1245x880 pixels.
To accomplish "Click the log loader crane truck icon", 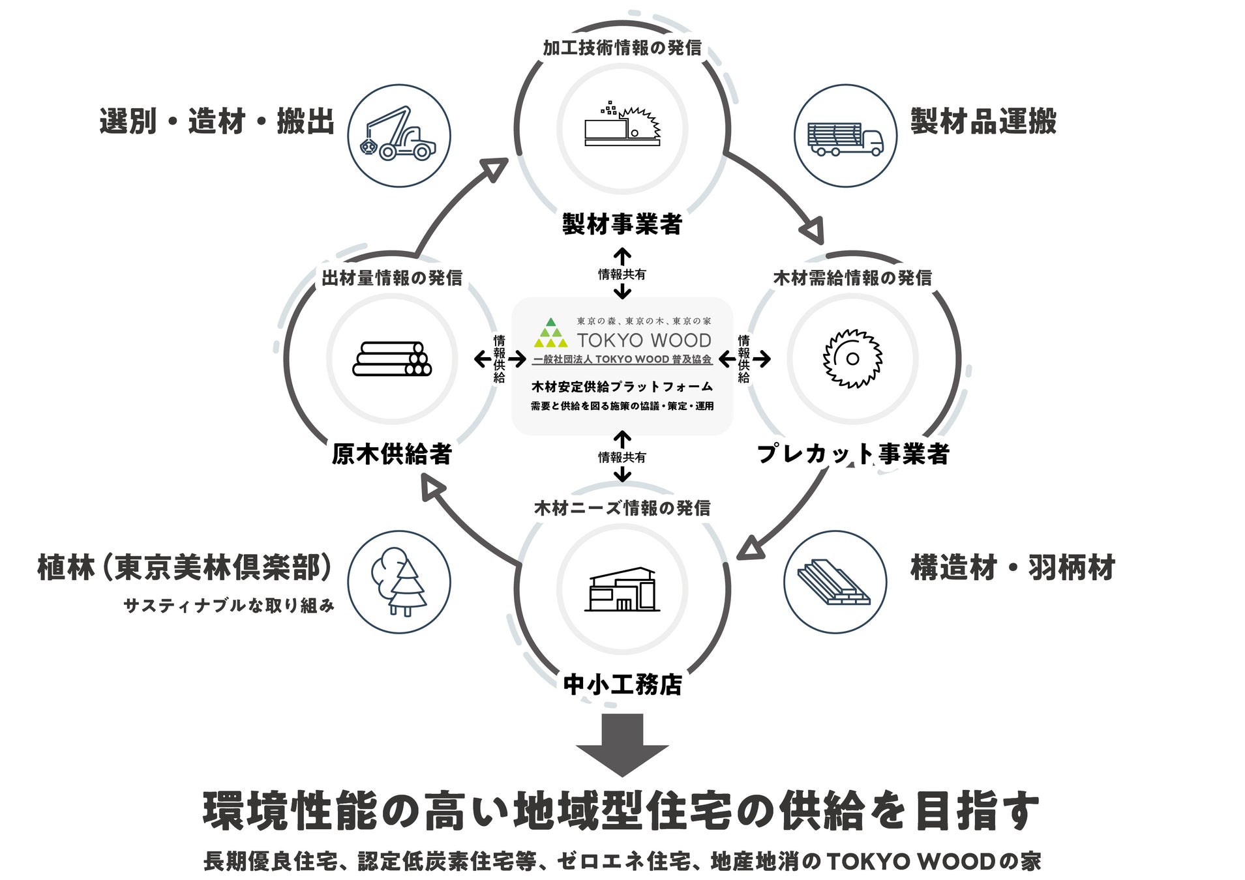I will [398, 136].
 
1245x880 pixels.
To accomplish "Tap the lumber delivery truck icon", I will [845, 136].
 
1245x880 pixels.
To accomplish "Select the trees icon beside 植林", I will [398, 581].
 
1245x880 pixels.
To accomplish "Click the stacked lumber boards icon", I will [834, 581].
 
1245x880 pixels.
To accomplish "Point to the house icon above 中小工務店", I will [622, 589].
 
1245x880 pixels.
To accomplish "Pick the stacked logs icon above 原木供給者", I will [392, 359].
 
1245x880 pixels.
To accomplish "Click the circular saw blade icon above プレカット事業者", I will [852, 359].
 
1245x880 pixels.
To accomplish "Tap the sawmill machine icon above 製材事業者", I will [622, 126].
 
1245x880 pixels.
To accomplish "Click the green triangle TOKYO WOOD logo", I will [550, 333].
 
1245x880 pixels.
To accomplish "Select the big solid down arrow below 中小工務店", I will [622, 743].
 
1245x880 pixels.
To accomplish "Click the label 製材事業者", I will [622, 224].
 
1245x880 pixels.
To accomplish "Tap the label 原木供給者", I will [391, 454].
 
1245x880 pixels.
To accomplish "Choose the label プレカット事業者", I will [852, 454].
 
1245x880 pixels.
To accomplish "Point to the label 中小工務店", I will [622, 684].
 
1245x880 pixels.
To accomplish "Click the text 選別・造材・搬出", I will [217, 122].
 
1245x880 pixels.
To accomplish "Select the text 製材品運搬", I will [983, 122].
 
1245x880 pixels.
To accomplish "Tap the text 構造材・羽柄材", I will [1012, 568].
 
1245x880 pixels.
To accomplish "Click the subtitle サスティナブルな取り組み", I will [229, 606].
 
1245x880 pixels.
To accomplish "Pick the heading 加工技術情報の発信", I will [622, 48].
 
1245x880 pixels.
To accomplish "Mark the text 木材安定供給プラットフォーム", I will [622, 387].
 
